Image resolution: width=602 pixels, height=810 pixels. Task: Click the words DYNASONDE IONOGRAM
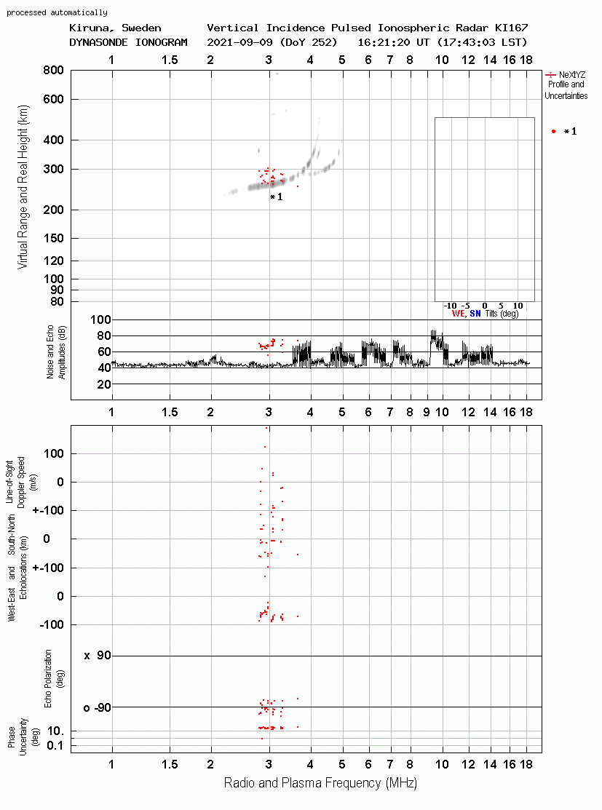[128, 42]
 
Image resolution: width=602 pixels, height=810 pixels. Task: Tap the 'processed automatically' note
[57, 12]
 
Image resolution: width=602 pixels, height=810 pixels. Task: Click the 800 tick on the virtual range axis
[53, 71]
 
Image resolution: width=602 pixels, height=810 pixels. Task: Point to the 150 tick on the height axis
[53, 238]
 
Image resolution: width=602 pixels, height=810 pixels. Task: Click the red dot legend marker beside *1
[553, 132]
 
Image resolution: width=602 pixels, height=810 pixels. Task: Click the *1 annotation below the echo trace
[277, 196]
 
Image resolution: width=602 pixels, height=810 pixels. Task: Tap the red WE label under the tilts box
[458, 314]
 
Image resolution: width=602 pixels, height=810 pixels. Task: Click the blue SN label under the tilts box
[475, 314]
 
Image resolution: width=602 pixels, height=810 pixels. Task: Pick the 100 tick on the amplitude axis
[100, 319]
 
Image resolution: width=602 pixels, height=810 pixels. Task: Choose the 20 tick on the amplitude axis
[104, 384]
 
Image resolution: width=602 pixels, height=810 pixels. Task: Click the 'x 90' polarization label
[98, 656]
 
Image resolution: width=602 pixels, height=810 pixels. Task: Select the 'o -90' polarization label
[97, 707]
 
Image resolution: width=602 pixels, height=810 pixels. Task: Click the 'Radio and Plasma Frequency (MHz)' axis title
[320, 783]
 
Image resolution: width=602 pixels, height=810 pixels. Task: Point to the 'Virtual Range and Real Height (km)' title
[23, 187]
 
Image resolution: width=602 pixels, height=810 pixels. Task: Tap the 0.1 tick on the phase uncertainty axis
[55, 745]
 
